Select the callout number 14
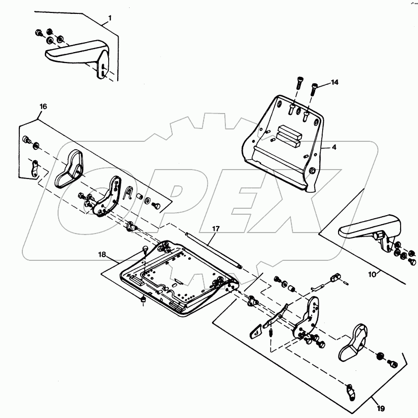pos(335,82)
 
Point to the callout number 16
pos(43,106)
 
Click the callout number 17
pos(216,229)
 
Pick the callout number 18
pos(102,254)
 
